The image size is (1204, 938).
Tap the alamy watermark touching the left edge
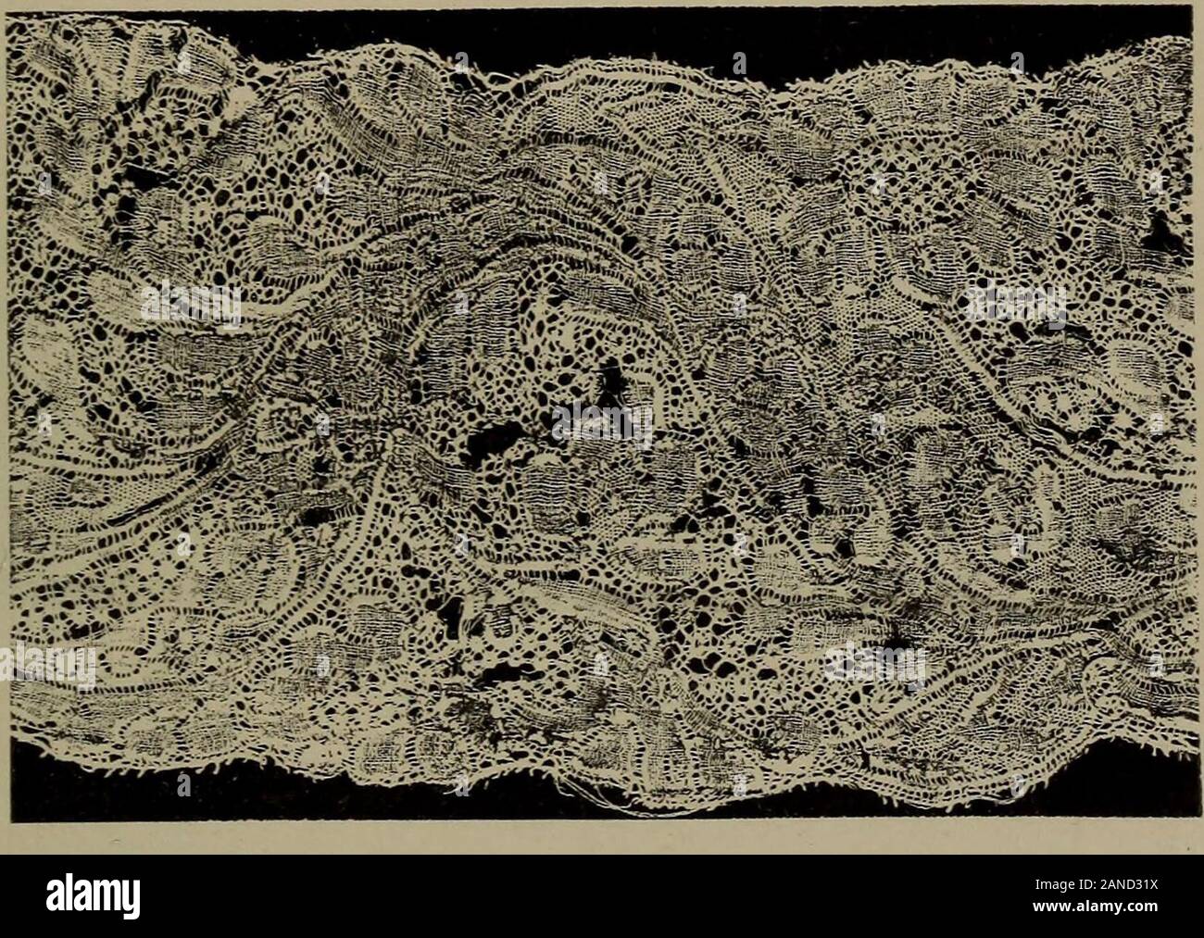tap(46, 665)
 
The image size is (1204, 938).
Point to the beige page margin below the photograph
tap(602, 838)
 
